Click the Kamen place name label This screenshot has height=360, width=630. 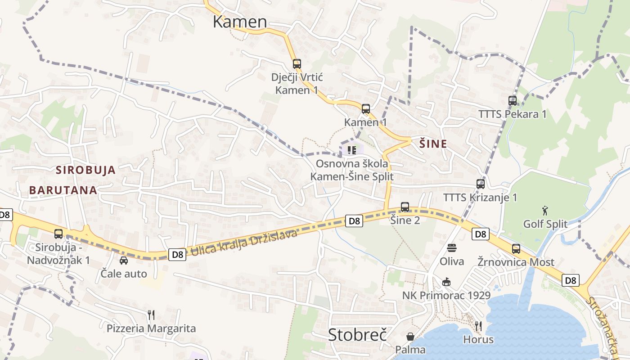(x=239, y=22)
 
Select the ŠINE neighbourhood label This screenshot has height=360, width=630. (x=433, y=144)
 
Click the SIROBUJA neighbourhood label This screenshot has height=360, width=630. (x=85, y=170)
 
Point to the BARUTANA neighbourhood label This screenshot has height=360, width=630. (x=63, y=190)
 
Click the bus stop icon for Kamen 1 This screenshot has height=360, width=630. (x=366, y=108)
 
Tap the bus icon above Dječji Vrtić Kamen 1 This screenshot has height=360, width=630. (x=297, y=63)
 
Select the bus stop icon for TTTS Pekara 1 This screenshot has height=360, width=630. (x=512, y=100)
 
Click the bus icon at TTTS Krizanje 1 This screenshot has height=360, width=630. (x=481, y=184)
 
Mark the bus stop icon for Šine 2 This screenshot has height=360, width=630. (x=405, y=207)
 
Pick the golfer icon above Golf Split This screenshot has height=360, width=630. (x=545, y=210)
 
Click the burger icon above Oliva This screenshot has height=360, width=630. (x=451, y=248)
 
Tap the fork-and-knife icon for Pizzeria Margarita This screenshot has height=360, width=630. (x=151, y=315)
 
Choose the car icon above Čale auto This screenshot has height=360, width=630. (x=124, y=260)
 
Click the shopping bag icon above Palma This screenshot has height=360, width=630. (x=410, y=336)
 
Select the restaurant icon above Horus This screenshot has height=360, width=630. (x=478, y=326)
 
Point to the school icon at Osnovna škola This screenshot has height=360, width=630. (x=351, y=149)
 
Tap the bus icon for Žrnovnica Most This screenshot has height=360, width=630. (x=516, y=248)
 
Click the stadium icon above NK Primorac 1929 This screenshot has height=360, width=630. (x=446, y=282)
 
